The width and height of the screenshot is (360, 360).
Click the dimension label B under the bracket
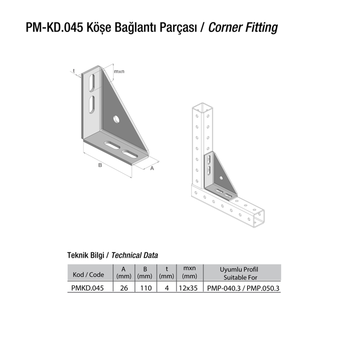[99, 166]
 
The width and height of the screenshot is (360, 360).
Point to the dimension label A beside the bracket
[152, 169]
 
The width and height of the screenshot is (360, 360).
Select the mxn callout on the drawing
[119, 71]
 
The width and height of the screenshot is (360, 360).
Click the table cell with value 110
[145, 288]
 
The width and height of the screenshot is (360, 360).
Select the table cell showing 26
[123, 288]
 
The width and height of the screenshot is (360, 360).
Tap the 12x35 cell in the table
[188, 288]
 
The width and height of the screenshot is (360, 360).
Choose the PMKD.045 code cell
[87, 288]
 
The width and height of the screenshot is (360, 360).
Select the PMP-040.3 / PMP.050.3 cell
[243, 288]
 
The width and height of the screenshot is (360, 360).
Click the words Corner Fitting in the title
[243, 27]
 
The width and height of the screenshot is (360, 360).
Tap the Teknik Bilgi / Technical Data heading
[112, 255]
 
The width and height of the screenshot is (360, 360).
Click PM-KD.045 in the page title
[52, 27]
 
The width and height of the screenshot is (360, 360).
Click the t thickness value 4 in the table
[166, 288]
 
